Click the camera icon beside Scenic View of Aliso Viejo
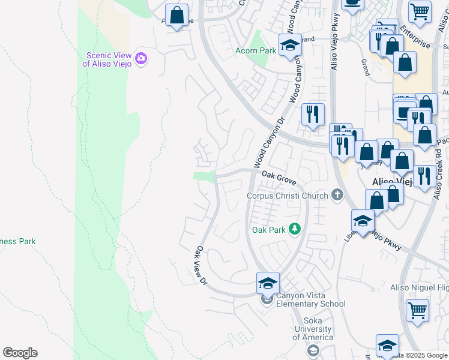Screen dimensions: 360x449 click(x=141, y=58)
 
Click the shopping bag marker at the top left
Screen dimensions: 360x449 click(x=177, y=16)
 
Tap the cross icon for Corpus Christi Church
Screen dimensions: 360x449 click(x=338, y=195)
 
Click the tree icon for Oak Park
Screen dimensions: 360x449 click(x=294, y=229)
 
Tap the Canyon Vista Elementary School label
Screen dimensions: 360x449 click(x=311, y=299)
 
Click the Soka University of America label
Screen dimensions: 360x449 click(x=312, y=333)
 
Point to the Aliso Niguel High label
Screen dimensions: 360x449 click(x=419, y=288)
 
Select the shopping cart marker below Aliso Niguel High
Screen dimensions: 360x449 click(x=418, y=311)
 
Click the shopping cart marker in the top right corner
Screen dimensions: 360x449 click(x=419, y=11)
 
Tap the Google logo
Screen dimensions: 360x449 click(x=20, y=353)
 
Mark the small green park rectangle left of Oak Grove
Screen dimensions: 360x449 click(x=204, y=175)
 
